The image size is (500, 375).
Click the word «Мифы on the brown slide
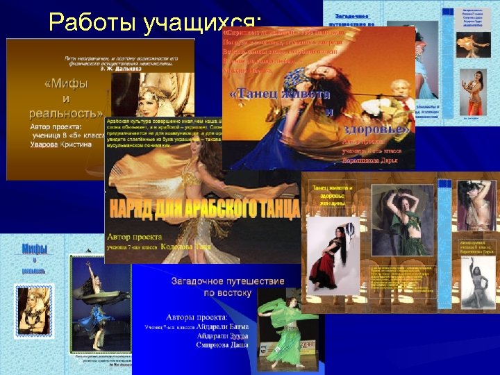[x=67, y=84]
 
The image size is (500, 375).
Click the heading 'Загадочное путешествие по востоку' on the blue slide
[x=218, y=287]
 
